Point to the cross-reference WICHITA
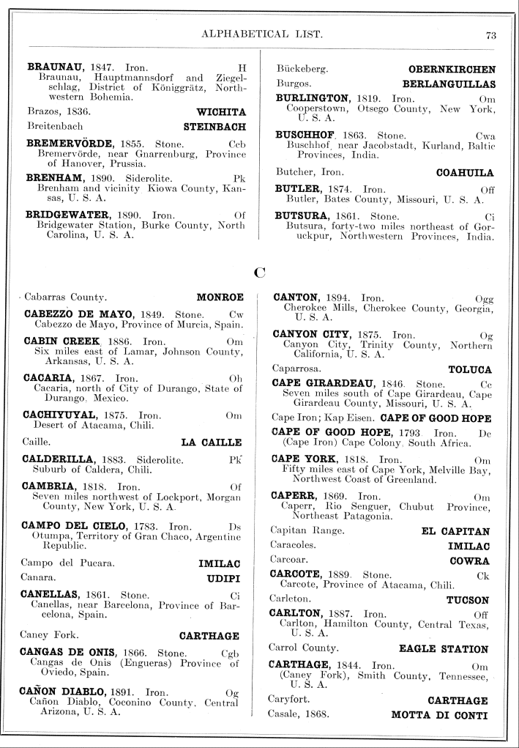221,112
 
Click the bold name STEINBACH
214,127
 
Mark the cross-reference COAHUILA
465,173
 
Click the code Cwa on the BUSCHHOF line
485,136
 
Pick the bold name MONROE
220,298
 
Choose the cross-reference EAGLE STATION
443,649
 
